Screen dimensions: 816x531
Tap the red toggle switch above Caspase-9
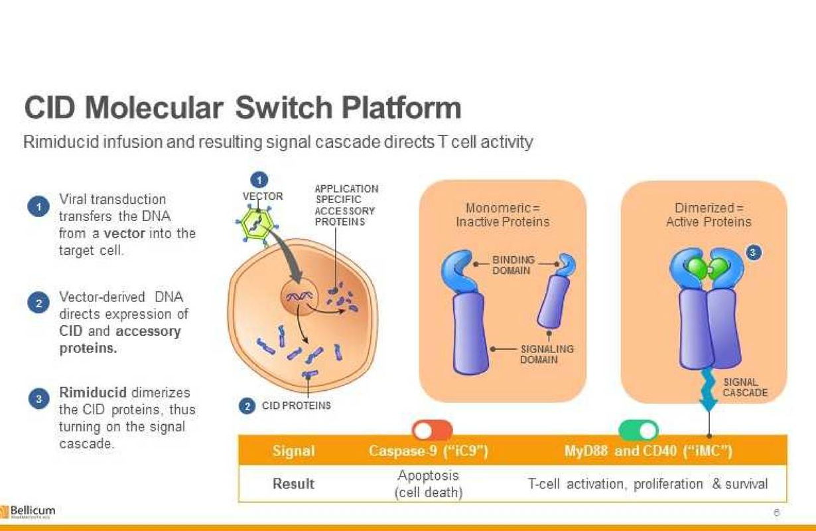click(433, 430)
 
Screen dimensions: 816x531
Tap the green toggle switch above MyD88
click(638, 430)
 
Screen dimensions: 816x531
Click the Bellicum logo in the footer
click(28, 511)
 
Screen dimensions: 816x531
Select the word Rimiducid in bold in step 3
click(93, 392)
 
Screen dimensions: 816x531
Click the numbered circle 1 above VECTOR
click(259, 180)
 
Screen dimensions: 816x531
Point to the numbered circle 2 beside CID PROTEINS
click(247, 406)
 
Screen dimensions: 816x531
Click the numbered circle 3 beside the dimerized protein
click(754, 253)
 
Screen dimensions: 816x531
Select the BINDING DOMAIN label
click(513, 265)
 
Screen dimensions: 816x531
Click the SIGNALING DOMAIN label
click(547, 354)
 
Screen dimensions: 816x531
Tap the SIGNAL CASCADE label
click(745, 388)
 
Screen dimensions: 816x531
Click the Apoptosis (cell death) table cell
click(429, 484)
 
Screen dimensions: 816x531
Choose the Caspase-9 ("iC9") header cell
click(428, 451)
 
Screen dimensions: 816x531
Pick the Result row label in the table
click(293, 484)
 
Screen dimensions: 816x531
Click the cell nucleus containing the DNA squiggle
click(299, 296)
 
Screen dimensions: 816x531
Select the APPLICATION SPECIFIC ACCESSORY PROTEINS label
click(346, 205)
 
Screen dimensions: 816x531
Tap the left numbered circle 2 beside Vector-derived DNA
click(38, 303)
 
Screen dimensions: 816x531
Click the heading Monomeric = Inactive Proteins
click(503, 215)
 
